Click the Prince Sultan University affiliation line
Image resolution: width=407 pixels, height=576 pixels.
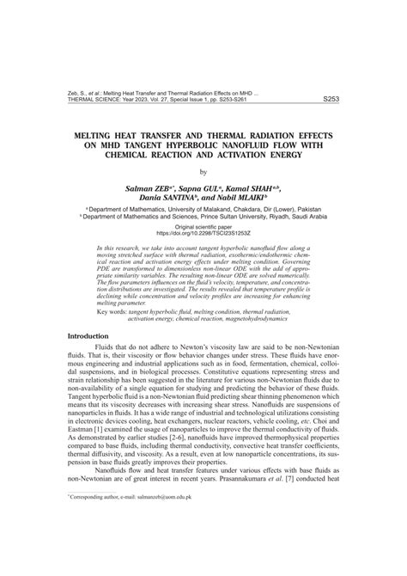click(x=203, y=218)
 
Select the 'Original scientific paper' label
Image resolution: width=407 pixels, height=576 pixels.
click(x=203, y=227)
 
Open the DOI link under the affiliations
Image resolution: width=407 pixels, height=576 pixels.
click(x=203, y=234)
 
